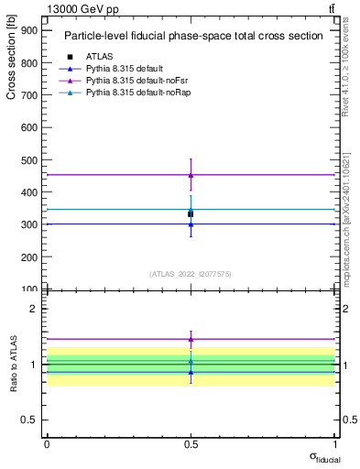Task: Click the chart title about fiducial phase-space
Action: pyautogui.click(x=192, y=37)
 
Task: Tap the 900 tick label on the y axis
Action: pyautogui.click(x=29, y=30)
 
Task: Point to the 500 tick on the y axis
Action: pyautogui.click(x=29, y=159)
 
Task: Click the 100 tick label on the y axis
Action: pyautogui.click(x=29, y=289)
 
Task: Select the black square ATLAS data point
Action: pyautogui.click(x=191, y=213)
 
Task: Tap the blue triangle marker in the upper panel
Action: pyautogui.click(x=191, y=224)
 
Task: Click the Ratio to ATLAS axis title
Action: pyautogui.click(x=11, y=364)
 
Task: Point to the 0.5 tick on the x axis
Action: pyautogui.click(x=191, y=443)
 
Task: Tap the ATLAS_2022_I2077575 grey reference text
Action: pyautogui.click(x=191, y=273)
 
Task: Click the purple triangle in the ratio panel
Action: pyautogui.click(x=191, y=339)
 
